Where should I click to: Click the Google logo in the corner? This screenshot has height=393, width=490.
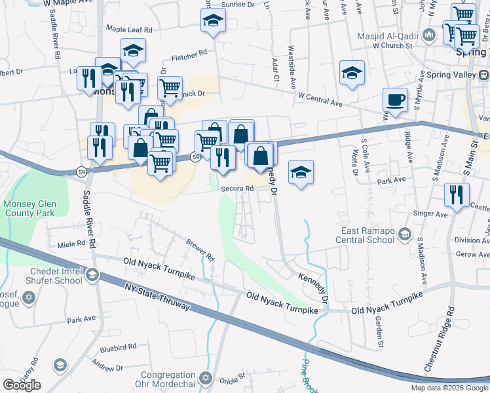pyautogui.click(x=22, y=385)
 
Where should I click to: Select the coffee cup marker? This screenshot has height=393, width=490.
pyautogui.click(x=395, y=100)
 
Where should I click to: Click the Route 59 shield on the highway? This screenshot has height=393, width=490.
pyautogui.click(x=195, y=157)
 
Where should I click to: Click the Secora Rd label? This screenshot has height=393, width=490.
pyautogui.click(x=237, y=188)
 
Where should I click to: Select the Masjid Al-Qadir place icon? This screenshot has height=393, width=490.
pyautogui.click(x=429, y=35)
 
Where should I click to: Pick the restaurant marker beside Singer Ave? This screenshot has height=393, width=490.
pyautogui.click(x=457, y=195)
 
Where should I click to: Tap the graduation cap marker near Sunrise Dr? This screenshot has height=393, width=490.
pyautogui.click(x=213, y=22)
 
